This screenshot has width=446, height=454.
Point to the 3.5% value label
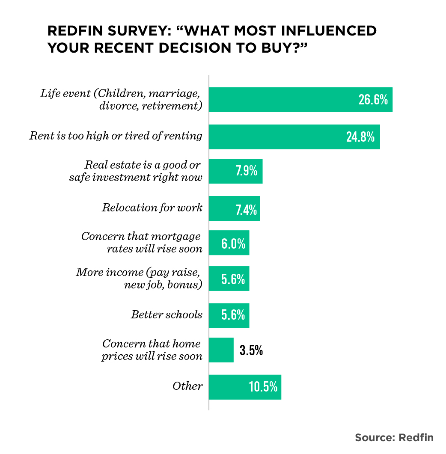coord(251,351)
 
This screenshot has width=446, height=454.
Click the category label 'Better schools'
coord(167,315)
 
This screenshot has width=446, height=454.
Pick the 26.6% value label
coord(373,100)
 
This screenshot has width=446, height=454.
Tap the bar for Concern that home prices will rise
coord(221,350)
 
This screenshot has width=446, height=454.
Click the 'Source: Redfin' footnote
coord(394,437)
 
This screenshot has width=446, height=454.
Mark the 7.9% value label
coord(246,171)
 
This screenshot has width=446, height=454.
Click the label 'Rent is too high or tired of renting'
coord(116,136)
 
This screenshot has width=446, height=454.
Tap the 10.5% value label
coord(263,387)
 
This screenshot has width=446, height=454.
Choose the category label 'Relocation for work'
coord(152,208)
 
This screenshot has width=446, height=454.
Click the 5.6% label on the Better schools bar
coord(233,315)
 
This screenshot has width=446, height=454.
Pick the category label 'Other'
coord(187,386)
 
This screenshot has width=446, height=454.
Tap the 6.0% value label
coord(233,244)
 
